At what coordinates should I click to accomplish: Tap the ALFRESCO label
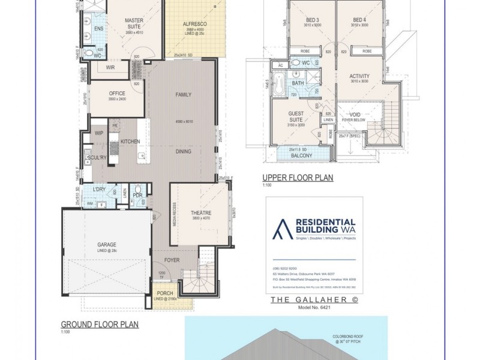[194, 24]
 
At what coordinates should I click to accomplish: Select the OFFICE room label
[116, 94]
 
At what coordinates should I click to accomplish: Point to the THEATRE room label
[201, 213]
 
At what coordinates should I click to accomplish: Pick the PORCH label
[164, 294]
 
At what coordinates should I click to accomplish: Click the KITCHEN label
[130, 141]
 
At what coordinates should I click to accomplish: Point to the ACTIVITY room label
[359, 76]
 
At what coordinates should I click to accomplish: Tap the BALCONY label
[301, 155]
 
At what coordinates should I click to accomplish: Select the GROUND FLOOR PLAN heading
[100, 324]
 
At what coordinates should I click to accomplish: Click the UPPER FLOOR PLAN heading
[298, 178]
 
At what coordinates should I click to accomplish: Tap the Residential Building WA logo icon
[281, 228]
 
